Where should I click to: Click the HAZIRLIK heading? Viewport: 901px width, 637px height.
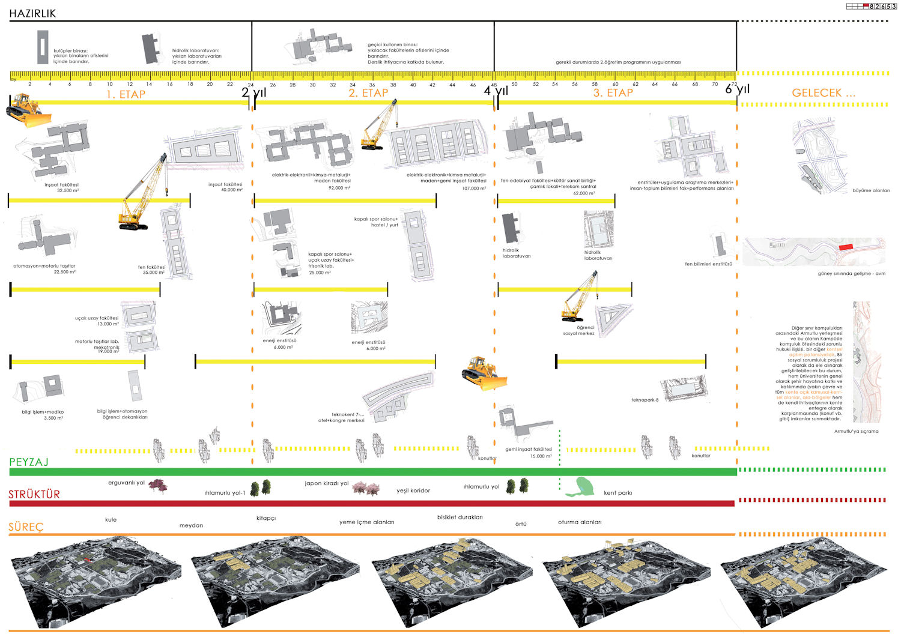[32, 13]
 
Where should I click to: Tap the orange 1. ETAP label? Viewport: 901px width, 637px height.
[126, 94]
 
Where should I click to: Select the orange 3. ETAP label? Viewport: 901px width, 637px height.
[613, 93]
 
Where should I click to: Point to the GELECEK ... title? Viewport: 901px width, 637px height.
[824, 93]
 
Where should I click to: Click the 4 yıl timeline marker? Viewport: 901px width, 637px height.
[496, 91]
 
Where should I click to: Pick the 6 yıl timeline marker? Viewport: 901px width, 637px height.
[738, 89]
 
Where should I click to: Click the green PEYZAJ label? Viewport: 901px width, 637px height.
[29, 462]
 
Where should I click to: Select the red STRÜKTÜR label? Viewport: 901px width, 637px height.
[34, 495]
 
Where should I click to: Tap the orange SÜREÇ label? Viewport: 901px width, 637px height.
[26, 527]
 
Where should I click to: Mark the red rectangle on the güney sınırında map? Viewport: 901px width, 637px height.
[846, 247]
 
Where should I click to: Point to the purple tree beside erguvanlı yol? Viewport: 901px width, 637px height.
[158, 485]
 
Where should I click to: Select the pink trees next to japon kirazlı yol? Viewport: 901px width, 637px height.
[365, 488]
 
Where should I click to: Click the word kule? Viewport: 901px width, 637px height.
[111, 519]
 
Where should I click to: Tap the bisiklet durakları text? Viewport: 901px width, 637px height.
[460, 517]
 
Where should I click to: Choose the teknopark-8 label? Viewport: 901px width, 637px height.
[645, 400]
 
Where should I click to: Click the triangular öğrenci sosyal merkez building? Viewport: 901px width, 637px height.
[613, 319]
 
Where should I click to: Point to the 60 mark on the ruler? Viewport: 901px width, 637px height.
[615, 85]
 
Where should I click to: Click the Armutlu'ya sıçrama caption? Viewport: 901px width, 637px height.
[856, 431]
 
